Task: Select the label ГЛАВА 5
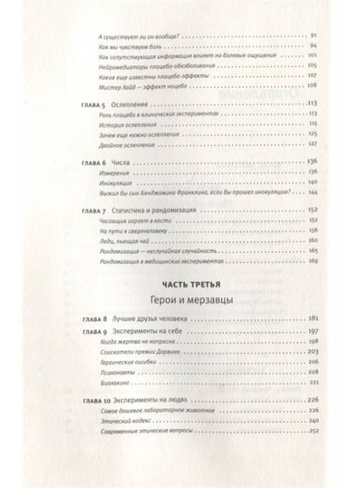[x=94, y=102]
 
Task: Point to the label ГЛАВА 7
[x=94, y=212]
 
